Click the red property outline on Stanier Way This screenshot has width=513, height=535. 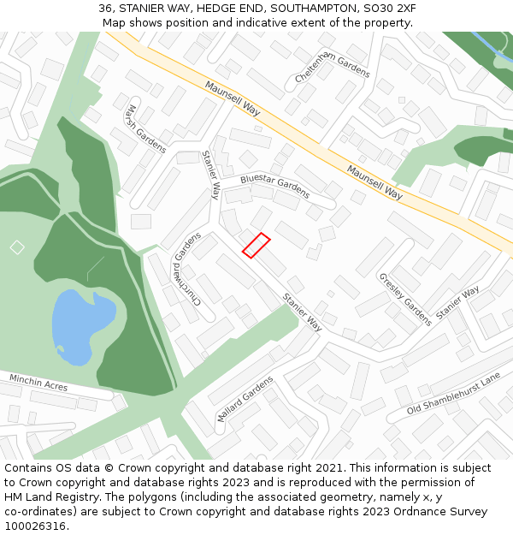coord(256,245)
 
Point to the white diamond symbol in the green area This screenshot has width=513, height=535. coord(17,247)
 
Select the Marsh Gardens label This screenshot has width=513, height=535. coord(144,128)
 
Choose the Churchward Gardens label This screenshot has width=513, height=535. coord(188,268)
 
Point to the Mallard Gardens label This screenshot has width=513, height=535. coord(245,399)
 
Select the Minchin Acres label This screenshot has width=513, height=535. coord(38,382)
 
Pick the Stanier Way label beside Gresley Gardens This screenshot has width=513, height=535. coord(457,303)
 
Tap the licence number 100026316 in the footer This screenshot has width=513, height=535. coord(36,526)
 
